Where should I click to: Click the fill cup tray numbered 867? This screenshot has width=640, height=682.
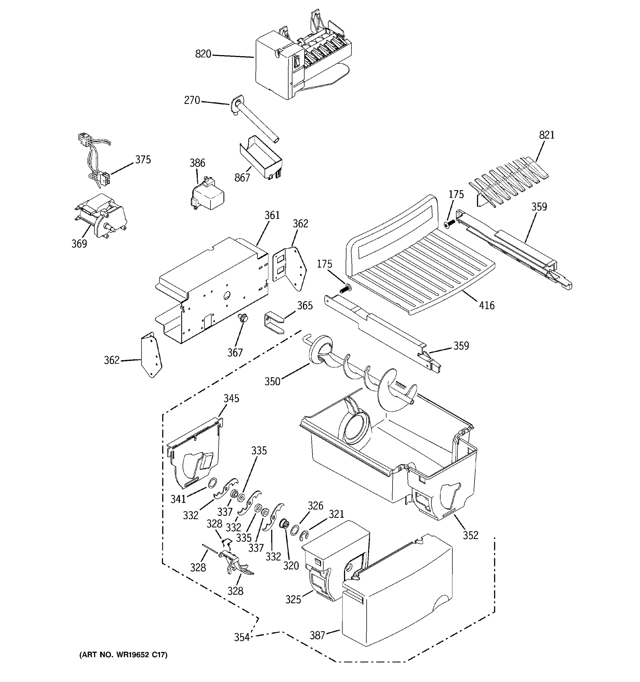[x=261, y=158]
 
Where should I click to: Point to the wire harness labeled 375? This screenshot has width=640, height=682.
[x=94, y=158]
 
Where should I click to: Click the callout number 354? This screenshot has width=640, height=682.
[x=242, y=637]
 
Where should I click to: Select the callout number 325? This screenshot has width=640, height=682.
[x=293, y=599]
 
